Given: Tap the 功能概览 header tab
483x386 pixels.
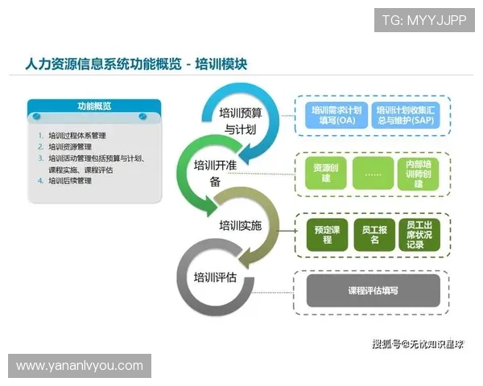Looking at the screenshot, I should tap(94, 106).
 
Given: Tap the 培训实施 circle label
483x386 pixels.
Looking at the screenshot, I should tap(241, 225).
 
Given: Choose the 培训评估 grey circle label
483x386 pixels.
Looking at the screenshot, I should tap(215, 277).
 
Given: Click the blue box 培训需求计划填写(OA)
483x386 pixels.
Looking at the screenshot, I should tap(336, 115).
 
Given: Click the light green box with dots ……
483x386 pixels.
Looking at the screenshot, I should tap(373, 174).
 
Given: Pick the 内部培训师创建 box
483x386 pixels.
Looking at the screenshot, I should tap(419, 174).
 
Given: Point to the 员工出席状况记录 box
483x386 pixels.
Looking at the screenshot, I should tap(419, 234).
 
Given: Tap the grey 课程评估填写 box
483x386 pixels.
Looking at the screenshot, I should tap(373, 290).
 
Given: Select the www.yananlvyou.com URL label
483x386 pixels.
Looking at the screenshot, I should tap(80, 366).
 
